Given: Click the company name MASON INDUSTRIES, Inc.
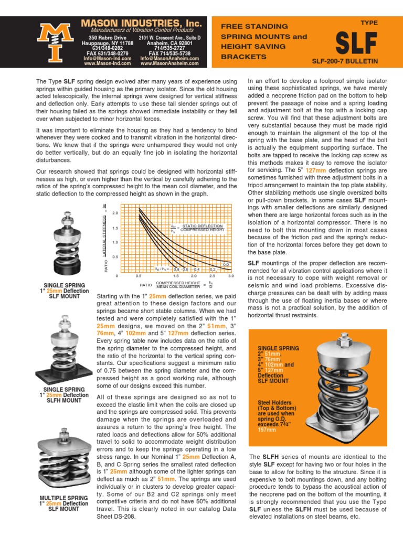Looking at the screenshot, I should (x=141, y=23).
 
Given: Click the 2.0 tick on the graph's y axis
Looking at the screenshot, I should (x=115, y=213).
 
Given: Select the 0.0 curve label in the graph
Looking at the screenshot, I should (x=226, y=264).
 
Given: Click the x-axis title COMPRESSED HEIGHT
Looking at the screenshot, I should (x=178, y=283).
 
